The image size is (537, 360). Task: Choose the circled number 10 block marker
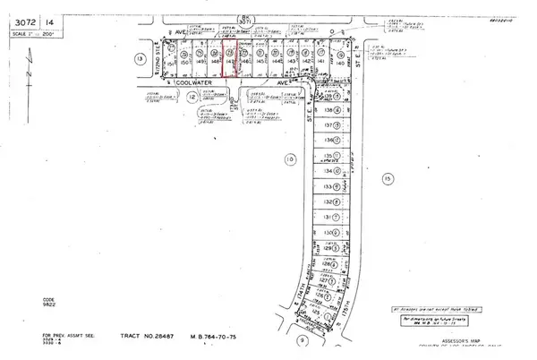point(288,159)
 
